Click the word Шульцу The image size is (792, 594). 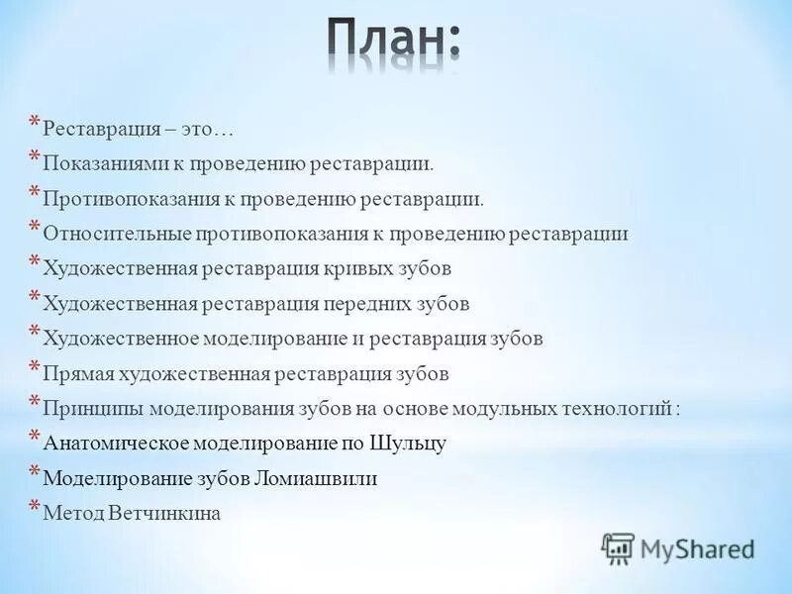click(408, 444)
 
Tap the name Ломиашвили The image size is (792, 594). click(318, 479)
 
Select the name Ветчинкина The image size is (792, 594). click(166, 514)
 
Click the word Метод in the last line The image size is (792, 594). click(75, 514)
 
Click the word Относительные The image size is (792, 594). click(110, 234)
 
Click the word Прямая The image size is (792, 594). click(79, 374)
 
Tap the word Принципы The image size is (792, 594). click(90, 409)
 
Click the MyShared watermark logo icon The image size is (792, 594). click(618, 547)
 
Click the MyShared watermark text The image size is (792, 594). click(697, 547)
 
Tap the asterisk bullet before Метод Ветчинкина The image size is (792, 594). click(34, 508)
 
